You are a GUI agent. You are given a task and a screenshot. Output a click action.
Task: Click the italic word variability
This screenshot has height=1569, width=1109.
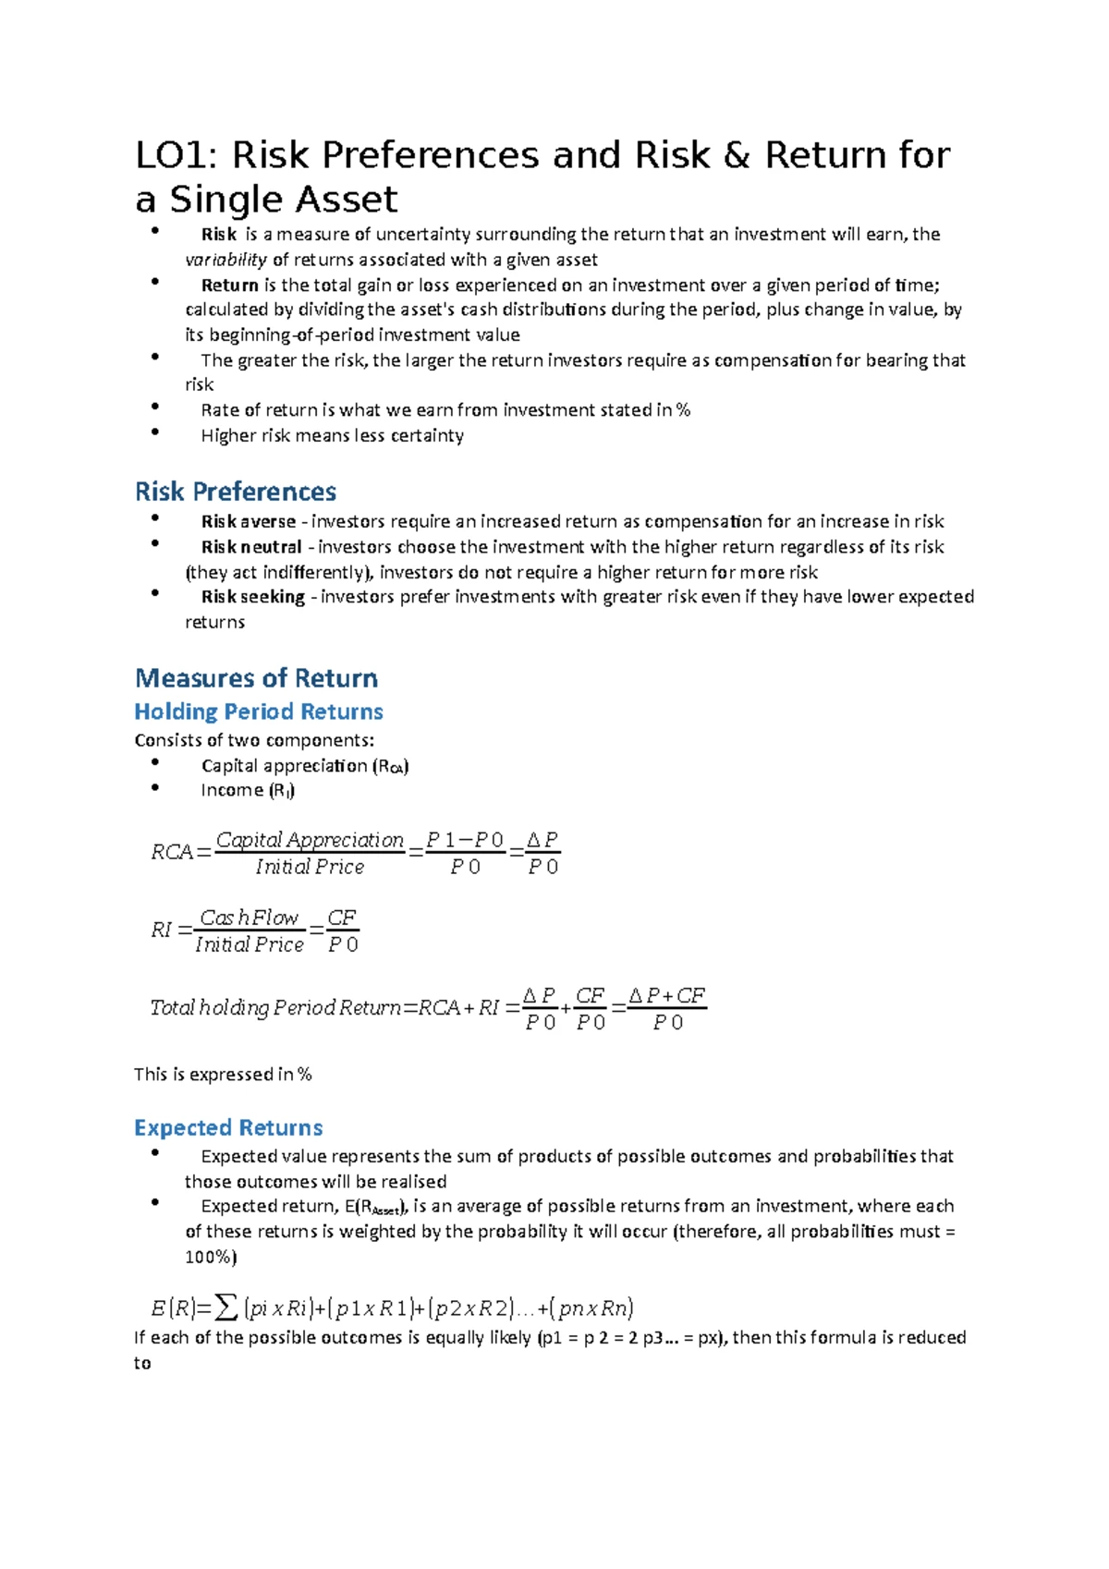(x=225, y=261)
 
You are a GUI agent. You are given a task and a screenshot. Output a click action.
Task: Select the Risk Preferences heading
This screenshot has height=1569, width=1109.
(x=235, y=492)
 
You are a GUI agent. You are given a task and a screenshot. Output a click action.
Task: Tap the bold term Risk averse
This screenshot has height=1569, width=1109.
(x=248, y=522)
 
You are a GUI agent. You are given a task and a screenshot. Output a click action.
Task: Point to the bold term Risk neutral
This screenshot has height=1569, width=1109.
(x=251, y=547)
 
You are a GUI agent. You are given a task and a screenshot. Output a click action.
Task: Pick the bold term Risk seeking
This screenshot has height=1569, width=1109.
(x=252, y=597)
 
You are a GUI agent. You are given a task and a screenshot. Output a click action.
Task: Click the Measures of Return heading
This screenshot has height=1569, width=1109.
(x=256, y=678)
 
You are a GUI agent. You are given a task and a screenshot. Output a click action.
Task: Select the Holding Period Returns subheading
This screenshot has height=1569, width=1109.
(x=258, y=712)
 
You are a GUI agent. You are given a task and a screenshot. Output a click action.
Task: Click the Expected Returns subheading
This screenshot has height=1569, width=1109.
(x=228, y=1128)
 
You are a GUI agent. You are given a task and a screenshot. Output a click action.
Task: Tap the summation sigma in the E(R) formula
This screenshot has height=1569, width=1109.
(x=225, y=1308)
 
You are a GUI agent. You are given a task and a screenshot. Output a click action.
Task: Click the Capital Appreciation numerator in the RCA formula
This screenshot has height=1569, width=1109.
(x=310, y=840)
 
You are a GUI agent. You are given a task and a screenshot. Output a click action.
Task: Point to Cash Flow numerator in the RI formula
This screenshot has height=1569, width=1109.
(x=249, y=918)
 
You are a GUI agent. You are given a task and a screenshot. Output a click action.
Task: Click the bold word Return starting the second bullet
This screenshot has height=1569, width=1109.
(x=229, y=286)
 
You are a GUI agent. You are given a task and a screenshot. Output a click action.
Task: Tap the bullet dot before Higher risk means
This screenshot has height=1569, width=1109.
(x=155, y=432)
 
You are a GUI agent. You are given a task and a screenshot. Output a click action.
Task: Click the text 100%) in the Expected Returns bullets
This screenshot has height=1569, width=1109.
(x=211, y=1258)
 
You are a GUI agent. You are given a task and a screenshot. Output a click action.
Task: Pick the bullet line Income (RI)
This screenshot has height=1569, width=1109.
(x=248, y=791)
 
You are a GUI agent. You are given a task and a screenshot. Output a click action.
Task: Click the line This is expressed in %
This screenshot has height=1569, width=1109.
(x=223, y=1075)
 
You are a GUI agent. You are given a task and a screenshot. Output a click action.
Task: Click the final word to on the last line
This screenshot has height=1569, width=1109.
(x=142, y=1364)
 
